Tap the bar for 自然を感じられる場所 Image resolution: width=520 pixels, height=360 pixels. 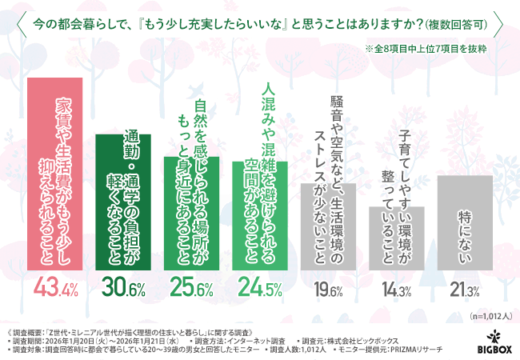[191, 211]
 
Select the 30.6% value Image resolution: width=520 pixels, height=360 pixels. [122, 286]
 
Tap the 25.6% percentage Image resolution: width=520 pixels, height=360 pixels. [191, 286]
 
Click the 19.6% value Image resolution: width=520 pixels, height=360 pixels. [328, 287]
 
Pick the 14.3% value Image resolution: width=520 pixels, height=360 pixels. [396, 287]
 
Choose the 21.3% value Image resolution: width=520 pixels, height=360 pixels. [465, 287]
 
